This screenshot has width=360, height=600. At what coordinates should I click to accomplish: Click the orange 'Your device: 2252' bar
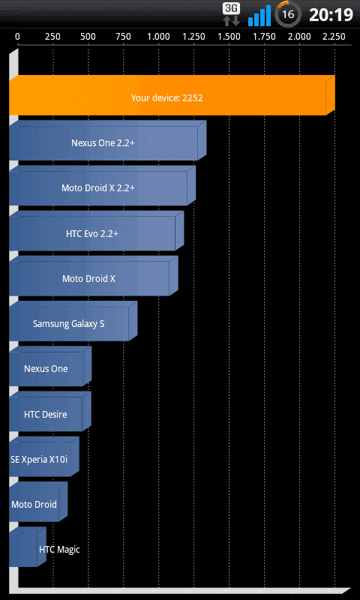click(172, 95)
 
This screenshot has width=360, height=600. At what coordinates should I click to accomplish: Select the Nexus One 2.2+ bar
click(107, 140)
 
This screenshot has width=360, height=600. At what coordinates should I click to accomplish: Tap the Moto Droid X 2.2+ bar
click(102, 185)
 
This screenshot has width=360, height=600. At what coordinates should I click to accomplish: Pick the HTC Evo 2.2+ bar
click(96, 231)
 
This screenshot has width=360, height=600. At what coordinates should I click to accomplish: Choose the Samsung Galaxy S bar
click(73, 321)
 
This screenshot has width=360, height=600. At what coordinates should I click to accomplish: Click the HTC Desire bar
click(50, 411)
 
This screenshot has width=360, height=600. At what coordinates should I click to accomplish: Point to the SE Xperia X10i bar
click(44, 457)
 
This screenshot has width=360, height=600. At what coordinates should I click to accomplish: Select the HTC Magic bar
click(28, 547)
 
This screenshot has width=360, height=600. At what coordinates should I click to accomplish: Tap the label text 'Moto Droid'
click(34, 504)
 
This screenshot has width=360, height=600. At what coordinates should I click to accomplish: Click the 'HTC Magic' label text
click(59, 550)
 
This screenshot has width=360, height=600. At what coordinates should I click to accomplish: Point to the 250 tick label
click(52, 37)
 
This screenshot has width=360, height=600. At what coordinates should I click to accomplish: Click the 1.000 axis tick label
click(158, 37)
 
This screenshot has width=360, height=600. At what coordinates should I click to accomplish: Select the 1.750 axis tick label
click(264, 37)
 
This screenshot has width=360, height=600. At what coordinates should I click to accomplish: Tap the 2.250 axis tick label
click(334, 37)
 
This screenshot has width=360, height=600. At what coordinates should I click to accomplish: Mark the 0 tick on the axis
click(17, 37)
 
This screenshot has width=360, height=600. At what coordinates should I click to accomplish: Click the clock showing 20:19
click(331, 15)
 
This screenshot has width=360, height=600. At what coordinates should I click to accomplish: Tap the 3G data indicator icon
click(232, 14)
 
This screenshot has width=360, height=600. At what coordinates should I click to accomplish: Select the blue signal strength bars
click(259, 15)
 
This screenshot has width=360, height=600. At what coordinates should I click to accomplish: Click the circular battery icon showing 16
click(288, 14)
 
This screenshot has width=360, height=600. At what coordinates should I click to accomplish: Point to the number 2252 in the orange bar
click(193, 98)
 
